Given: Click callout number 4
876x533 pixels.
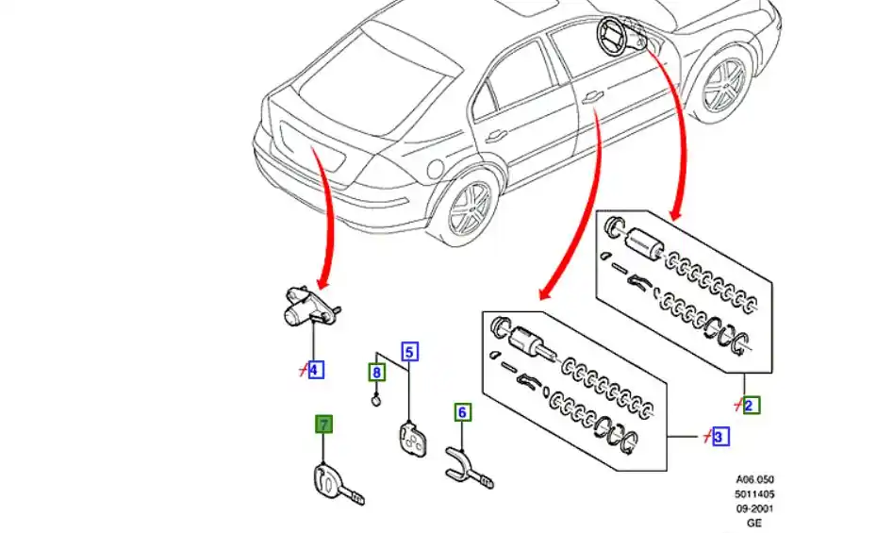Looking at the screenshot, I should [x=315, y=369].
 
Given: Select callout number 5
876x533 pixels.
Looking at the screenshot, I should [x=409, y=353].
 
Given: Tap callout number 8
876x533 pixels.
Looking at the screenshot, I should [x=376, y=373].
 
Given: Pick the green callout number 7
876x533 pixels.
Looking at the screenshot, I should [x=323, y=425].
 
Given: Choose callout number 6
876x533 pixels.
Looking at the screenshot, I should [x=462, y=412].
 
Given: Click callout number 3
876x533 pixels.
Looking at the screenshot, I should [x=720, y=437].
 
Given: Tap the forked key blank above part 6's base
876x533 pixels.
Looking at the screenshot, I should [x=465, y=464].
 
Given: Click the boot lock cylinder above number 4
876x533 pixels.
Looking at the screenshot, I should [x=301, y=306].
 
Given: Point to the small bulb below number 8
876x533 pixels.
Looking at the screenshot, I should [x=375, y=402].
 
